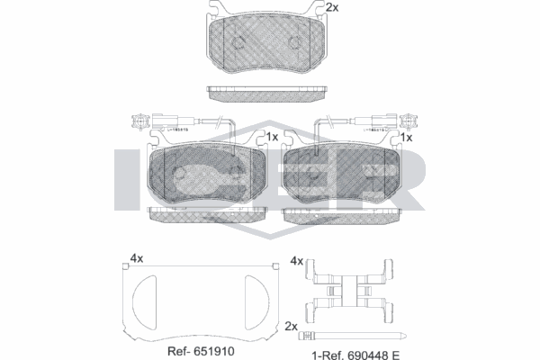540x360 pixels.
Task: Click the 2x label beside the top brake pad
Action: click(x=332, y=8)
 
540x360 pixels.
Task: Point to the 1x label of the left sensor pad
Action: click(x=271, y=137)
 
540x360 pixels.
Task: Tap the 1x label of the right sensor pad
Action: click(x=406, y=138)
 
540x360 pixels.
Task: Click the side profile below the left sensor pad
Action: click(x=205, y=214)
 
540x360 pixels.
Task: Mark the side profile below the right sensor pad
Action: click(x=343, y=215)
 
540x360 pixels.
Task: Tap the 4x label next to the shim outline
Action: click(x=136, y=258)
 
